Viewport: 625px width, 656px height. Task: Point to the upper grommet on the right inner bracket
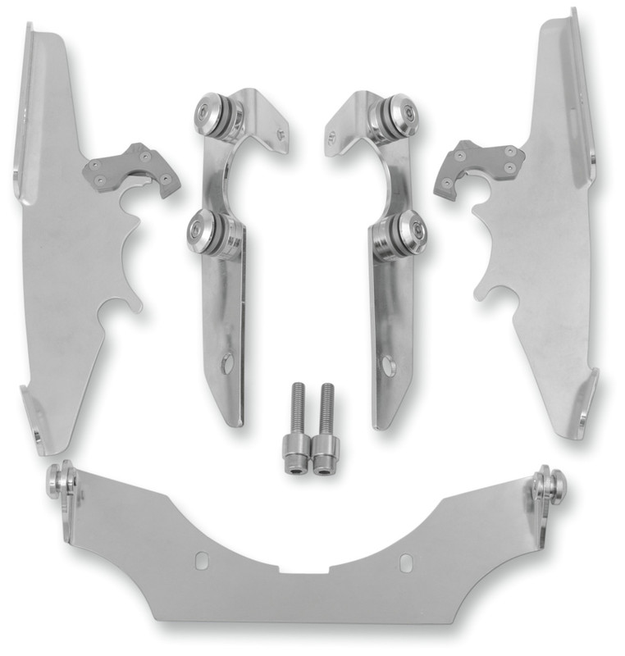[388, 114]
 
